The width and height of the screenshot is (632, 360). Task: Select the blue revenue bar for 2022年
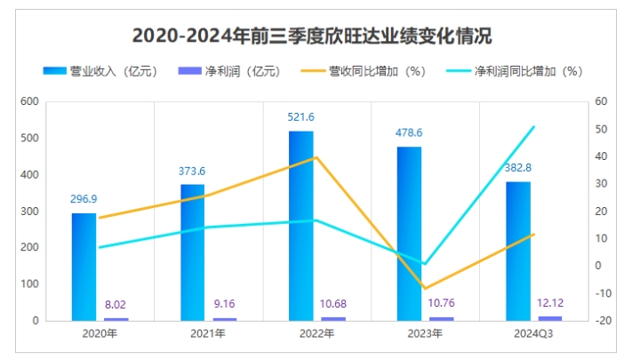(301, 226)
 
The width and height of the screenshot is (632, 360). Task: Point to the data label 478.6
(408, 133)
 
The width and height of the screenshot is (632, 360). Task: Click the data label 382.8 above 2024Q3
(518, 168)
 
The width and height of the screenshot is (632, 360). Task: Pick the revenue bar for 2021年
(192, 252)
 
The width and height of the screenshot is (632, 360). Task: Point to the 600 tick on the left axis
(29, 102)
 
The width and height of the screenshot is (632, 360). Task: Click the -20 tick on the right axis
(601, 320)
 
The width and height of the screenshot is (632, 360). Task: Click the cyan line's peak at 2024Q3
(534, 127)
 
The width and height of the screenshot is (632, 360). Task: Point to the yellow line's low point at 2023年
(425, 288)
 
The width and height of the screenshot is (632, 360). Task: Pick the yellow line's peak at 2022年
(316, 157)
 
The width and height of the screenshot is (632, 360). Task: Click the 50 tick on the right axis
(600, 130)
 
